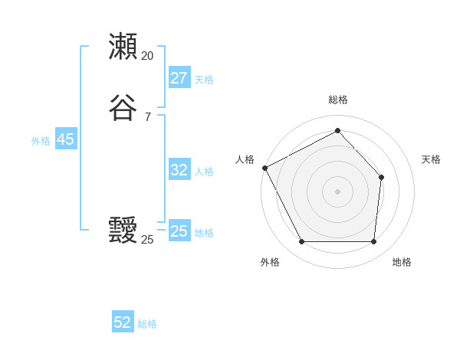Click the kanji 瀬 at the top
click(x=123, y=47)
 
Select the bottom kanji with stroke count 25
click(x=123, y=231)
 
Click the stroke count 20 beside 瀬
click(x=147, y=56)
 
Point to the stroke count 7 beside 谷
click(x=147, y=116)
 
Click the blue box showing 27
click(x=179, y=78)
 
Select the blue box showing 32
click(x=179, y=170)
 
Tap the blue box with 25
click(x=179, y=231)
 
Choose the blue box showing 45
click(x=65, y=139)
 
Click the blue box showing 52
click(x=123, y=322)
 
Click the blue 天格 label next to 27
click(x=204, y=80)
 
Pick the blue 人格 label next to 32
click(x=204, y=172)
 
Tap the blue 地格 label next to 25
click(x=204, y=233)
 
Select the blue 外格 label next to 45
click(x=41, y=141)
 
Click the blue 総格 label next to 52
click(x=147, y=324)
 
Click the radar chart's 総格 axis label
click(x=337, y=100)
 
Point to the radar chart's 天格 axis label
click(x=431, y=159)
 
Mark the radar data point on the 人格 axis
click(x=264, y=168)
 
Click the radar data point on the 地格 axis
click(x=373, y=242)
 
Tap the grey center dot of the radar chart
click(x=337, y=191)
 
